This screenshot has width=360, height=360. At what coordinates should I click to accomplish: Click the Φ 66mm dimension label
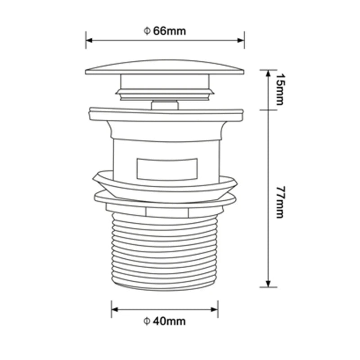165,31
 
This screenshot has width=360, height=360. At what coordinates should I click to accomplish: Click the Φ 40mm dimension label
165,321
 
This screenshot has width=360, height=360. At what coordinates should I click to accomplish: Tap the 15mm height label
279,89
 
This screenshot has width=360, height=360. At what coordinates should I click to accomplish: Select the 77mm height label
279,202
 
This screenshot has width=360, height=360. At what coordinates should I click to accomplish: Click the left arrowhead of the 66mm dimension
89,40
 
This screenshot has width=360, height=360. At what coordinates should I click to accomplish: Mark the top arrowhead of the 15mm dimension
268,72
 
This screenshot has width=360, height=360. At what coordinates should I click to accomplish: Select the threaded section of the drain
165,252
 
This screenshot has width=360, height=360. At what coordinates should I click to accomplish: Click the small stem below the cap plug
165,105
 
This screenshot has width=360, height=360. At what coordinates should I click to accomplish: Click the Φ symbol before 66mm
146,31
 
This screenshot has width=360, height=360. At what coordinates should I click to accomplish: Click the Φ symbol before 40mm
146,321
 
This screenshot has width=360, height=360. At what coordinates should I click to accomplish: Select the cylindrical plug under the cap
165,85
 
